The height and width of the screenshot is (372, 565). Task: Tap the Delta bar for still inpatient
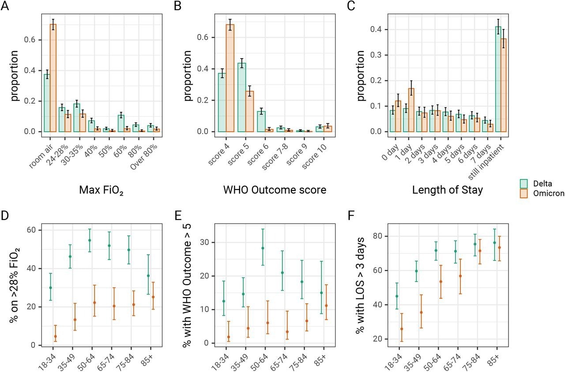[x=498, y=79]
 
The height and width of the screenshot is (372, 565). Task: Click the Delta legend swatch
[x=524, y=182]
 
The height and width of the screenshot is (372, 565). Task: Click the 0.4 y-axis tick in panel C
[x=378, y=30]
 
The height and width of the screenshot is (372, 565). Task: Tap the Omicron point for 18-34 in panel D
[x=55, y=336]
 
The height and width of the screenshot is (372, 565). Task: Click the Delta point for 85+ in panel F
[x=494, y=242]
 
